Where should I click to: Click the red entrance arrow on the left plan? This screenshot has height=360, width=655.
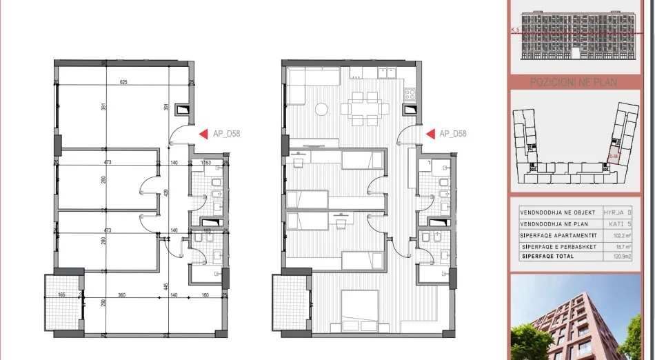point(203,134)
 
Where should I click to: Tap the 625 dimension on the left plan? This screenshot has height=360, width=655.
point(123,83)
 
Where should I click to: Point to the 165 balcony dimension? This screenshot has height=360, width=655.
point(61,295)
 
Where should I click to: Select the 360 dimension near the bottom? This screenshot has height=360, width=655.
point(121,295)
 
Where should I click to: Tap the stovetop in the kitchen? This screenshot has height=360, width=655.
point(410,93)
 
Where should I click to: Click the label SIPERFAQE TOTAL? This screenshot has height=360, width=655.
point(549,257)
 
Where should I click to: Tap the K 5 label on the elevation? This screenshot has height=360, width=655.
point(514,30)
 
